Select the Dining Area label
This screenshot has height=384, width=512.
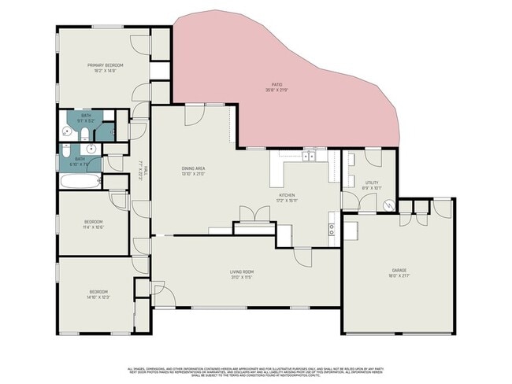pyautogui.click(x=193, y=169)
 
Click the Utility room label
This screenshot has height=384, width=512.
pyautogui.click(x=372, y=184)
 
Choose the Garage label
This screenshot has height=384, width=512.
pyautogui.click(x=399, y=270)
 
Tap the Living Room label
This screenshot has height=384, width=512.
pyautogui.click(x=242, y=272)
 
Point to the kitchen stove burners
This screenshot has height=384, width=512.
pyautogui.click(x=332, y=230)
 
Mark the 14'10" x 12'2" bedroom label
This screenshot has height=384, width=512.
pyautogui.click(x=98, y=294)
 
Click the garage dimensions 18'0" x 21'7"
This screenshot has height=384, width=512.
pyautogui.click(x=399, y=275)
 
